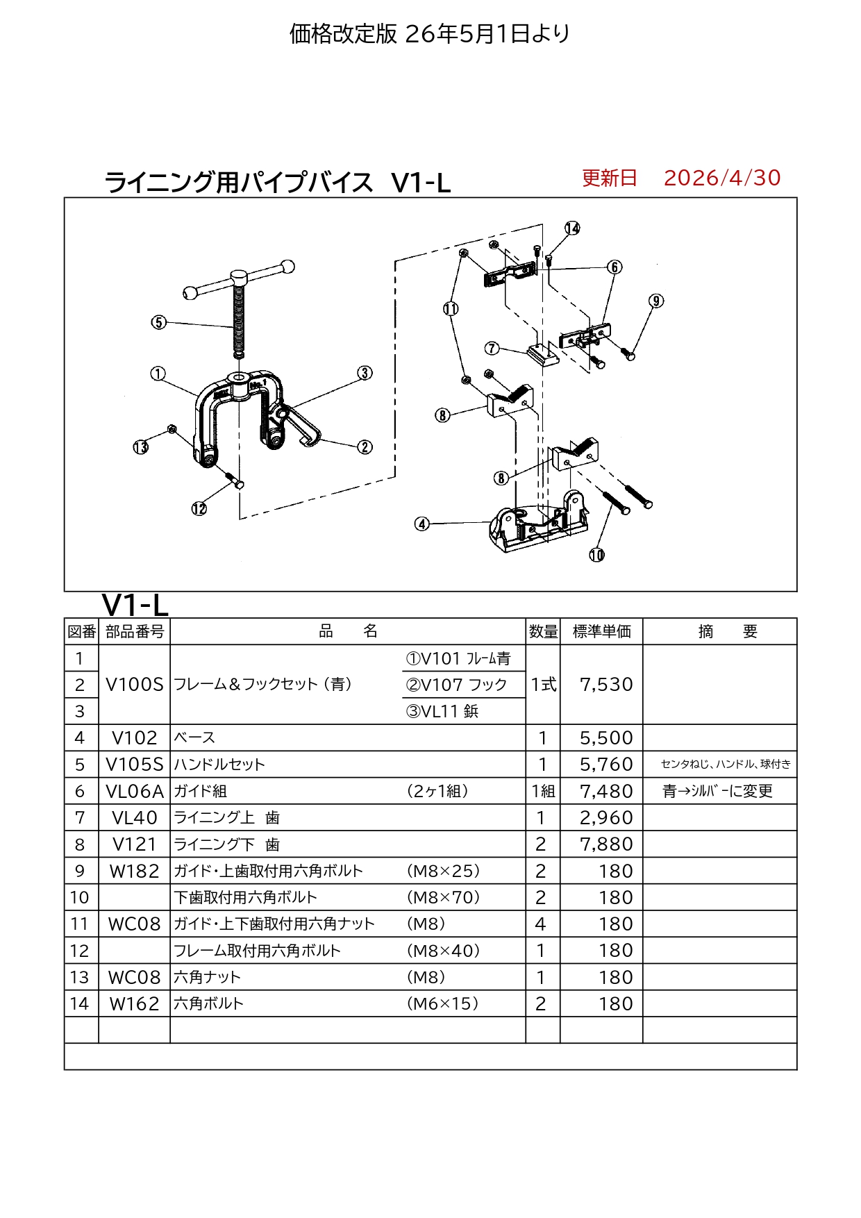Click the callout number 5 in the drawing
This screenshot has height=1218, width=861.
coord(159,322)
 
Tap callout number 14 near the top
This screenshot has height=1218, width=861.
coord(572,228)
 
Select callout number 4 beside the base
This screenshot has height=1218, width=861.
coord(422,524)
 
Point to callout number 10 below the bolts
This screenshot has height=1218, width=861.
coord(597,555)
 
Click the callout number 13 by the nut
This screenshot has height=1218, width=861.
coord(141,447)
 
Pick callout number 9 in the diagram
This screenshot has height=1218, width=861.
coord(656,301)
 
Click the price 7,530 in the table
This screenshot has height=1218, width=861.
coord(606,685)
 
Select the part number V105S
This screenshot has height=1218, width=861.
coord(135,765)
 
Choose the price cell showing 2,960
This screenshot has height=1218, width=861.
coord(606,818)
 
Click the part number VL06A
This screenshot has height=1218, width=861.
coord(135,791)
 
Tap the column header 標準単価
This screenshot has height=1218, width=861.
coord(602,632)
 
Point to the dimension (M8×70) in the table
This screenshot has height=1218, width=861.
coord(444,897)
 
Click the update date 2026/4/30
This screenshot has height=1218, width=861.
coord(722,178)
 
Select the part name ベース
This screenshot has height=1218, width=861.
coord(194,737)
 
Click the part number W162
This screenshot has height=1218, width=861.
coord(135,1004)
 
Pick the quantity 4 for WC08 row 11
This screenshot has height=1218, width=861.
coord(541,924)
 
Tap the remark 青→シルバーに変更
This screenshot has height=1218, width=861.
coord(718,791)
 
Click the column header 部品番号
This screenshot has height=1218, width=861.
coord(135,632)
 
